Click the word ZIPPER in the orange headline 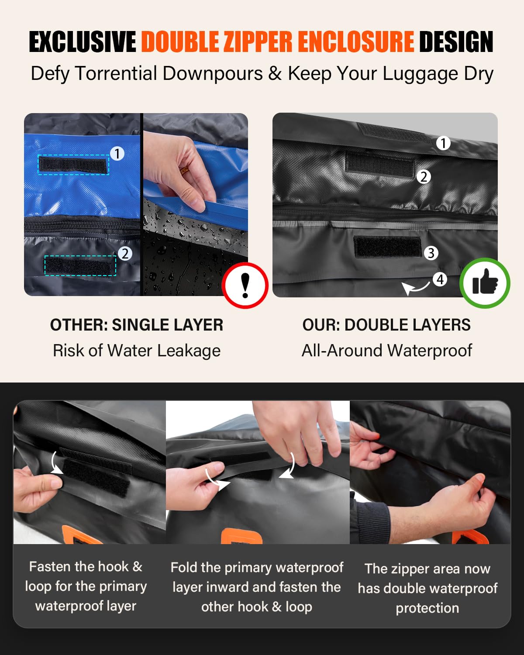258,41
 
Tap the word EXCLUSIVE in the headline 83,41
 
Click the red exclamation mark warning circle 245,286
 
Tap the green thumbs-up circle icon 485,283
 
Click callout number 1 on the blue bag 117,153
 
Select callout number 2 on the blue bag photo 125,254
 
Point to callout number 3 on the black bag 431,253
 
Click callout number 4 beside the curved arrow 440,279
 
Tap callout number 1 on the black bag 443,143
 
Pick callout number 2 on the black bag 424,177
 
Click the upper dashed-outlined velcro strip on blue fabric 73,165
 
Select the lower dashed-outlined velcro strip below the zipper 80,266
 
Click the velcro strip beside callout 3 388,247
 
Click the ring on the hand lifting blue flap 183,170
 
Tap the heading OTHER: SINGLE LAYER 137,325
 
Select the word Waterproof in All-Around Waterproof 430,351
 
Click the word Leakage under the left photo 189,351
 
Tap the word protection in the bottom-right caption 427,608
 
